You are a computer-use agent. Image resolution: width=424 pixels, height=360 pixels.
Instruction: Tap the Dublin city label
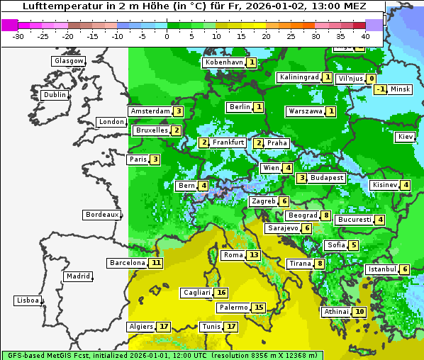coord(54,95)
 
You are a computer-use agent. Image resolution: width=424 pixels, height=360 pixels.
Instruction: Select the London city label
coord(111,122)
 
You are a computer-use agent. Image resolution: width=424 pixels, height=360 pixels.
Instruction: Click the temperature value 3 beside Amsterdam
coord(179,111)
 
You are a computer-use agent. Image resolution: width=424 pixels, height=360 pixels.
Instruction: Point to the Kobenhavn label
coord(223,62)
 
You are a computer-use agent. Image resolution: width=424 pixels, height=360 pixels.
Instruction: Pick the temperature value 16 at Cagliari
coord(222,293)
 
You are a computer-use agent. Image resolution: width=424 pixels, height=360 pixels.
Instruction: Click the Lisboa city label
coord(27,300)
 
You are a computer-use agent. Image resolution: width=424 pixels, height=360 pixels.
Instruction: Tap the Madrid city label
coord(77,276)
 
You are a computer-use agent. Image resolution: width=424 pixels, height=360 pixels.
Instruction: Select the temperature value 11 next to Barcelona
coord(156,263)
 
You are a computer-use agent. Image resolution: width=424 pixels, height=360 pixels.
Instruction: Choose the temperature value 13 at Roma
coord(254,255)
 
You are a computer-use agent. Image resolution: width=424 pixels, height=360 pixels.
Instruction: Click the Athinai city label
coord(336,312)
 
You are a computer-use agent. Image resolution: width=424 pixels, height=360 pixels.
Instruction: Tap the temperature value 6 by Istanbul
coord(404,269)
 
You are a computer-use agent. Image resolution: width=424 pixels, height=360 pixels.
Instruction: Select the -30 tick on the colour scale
coord(18,36)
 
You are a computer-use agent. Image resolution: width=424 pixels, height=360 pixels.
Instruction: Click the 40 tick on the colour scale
coord(365,36)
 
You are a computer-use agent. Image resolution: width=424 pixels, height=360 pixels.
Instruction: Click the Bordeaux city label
coord(101,215)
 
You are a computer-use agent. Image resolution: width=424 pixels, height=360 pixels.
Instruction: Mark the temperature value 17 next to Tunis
coord(231,327)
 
